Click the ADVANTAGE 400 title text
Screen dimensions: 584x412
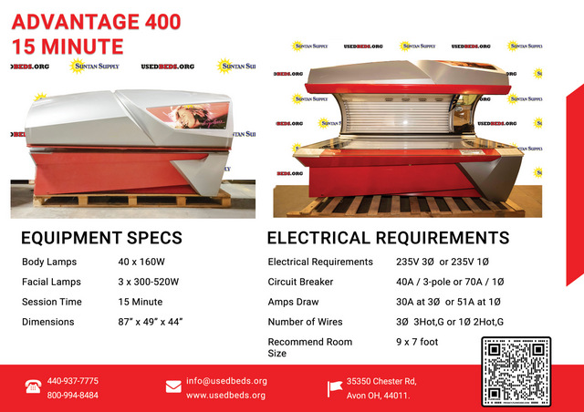click(96, 22)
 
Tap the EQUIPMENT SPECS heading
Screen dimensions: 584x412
click(101, 238)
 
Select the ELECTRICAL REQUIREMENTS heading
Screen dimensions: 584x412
click(388, 238)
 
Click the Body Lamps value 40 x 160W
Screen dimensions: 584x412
click(141, 262)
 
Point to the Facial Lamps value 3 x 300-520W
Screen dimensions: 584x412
click(148, 282)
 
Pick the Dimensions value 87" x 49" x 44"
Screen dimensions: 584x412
click(151, 322)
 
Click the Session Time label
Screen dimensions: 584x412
click(52, 302)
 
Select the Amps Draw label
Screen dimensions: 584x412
click(293, 302)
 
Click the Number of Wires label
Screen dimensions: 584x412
click(305, 322)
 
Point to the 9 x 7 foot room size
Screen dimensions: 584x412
click(417, 342)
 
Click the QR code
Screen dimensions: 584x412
click(516, 371)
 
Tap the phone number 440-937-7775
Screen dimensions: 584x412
click(73, 381)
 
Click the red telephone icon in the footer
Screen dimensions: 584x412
click(33, 386)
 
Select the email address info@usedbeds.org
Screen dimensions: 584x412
click(226, 381)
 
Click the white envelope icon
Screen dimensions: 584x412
click(173, 386)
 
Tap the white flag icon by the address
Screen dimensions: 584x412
click(334, 388)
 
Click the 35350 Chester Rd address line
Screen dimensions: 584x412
click(381, 381)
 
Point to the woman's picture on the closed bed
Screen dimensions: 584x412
click(188, 116)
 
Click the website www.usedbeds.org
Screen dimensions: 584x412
click(225, 396)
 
